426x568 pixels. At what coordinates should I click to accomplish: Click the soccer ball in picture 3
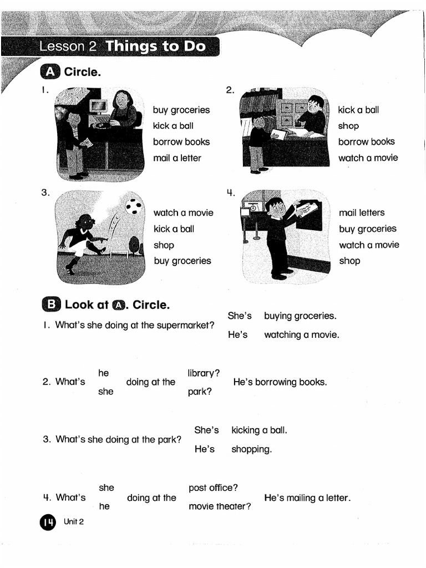click(x=133, y=206)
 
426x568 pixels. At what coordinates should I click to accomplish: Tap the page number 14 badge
click(x=47, y=523)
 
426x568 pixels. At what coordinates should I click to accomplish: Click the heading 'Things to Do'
click(x=156, y=46)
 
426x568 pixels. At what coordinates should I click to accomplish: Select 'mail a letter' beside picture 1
click(x=177, y=158)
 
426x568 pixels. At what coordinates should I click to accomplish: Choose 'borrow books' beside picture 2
click(x=366, y=142)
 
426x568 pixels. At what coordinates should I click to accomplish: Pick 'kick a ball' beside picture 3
click(x=174, y=229)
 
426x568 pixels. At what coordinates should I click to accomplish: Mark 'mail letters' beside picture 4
click(x=362, y=212)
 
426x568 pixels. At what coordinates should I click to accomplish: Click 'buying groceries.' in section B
click(x=300, y=316)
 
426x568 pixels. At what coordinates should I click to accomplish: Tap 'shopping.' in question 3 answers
click(x=251, y=449)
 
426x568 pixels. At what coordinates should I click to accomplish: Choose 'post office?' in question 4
click(x=213, y=488)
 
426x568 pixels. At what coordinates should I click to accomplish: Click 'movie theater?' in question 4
click(x=220, y=506)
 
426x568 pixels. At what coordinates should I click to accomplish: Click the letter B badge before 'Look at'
click(x=50, y=305)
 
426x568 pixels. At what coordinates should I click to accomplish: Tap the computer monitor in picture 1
click(x=99, y=106)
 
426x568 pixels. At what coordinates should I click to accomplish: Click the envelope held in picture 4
click(x=307, y=210)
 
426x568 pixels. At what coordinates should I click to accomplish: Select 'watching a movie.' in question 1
click(x=301, y=335)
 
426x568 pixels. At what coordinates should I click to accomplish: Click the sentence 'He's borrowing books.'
click(x=280, y=382)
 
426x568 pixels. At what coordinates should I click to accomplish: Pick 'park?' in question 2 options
click(x=199, y=391)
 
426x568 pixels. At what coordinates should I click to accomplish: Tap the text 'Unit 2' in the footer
click(x=73, y=522)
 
